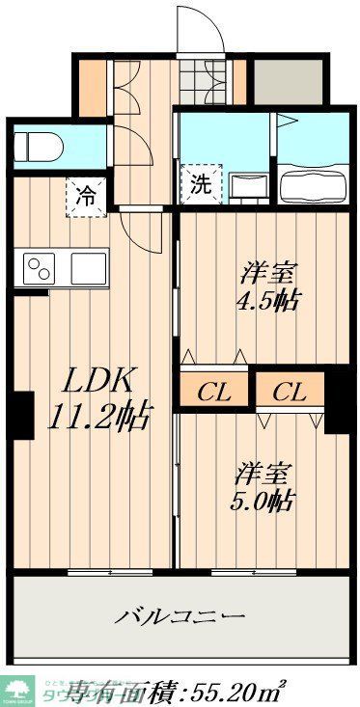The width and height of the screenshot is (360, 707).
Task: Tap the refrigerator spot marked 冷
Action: click(86, 197)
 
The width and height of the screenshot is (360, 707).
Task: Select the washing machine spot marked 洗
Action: click(200, 181)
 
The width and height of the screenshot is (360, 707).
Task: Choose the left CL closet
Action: click(212, 392)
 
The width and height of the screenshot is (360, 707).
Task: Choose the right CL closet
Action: click(289, 392)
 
